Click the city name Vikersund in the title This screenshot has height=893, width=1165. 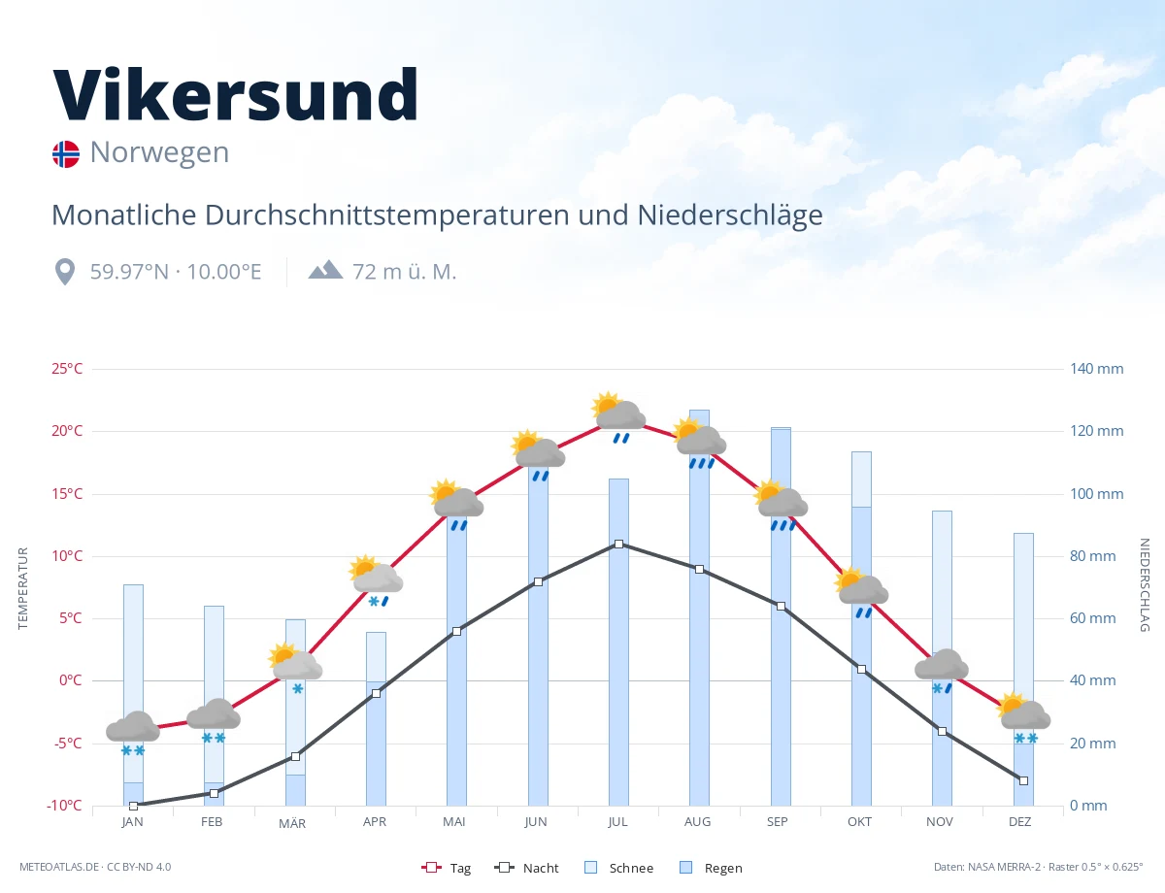pos(235,94)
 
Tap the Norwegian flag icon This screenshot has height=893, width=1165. pos(66,154)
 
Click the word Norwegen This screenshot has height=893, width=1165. pos(159,152)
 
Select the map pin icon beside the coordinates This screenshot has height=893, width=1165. pos(65,272)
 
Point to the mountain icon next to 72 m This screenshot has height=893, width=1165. pos(325,270)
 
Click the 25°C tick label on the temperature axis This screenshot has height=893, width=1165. pos(67,369)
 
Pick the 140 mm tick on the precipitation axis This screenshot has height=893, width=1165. pos(1096,369)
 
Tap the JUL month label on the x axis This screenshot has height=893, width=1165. pos(617,822)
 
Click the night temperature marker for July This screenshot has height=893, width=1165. pos(618,545)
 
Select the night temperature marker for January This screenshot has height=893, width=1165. pos(134,807)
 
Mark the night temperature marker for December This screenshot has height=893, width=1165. pos(1023,781)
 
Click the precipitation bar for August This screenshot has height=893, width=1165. pos(699,608)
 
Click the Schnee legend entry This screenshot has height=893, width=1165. pos(618,868)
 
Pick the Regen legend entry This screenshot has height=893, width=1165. pos(711,868)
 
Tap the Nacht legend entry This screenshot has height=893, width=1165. pos(526,868)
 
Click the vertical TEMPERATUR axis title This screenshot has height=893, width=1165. pos(22,588)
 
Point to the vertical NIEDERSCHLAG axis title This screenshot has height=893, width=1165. pos(1144,584)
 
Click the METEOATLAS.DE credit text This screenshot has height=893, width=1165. pos(59,867)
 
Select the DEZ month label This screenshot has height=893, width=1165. pos(1019,822)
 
